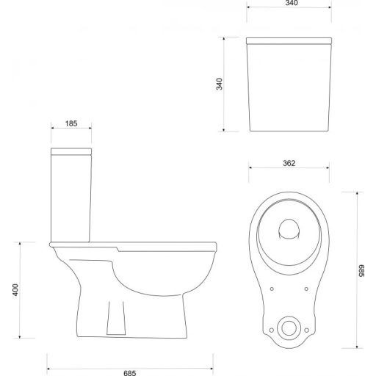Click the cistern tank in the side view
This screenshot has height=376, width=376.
click(x=71, y=195)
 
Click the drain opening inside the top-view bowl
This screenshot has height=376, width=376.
click(x=289, y=229)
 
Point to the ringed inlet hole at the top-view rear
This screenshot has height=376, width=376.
click(x=289, y=325)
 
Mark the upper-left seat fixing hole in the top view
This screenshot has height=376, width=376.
click(x=272, y=288)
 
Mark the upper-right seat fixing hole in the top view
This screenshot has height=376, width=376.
click(x=305, y=288)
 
